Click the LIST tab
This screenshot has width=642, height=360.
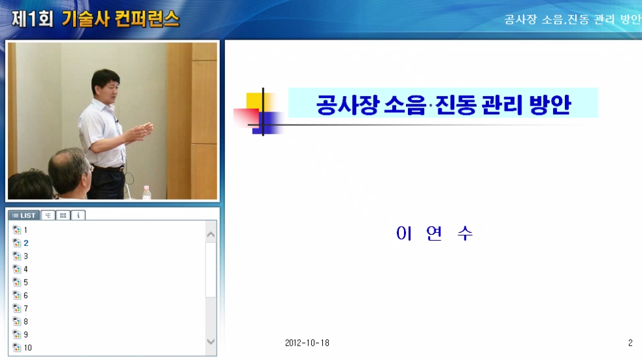click(x=24, y=215)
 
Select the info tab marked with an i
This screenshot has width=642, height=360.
click(x=78, y=215)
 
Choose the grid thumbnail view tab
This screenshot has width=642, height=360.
click(x=63, y=215)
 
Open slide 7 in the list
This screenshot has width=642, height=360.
click(x=25, y=309)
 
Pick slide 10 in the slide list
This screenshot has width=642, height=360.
click(x=27, y=348)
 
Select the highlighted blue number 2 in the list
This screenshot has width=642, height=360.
click(x=26, y=243)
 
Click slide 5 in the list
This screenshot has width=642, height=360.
click(x=25, y=282)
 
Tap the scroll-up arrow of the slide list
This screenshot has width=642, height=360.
click(x=211, y=234)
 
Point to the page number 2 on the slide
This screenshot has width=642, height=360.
click(x=630, y=343)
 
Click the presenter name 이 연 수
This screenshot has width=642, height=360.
click(x=434, y=234)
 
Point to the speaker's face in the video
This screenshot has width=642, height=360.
click(x=107, y=86)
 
